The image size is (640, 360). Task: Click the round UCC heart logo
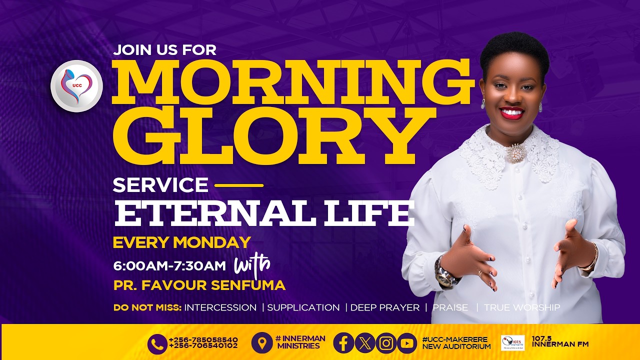point(76,86)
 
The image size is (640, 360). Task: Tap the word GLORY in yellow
point(268,134)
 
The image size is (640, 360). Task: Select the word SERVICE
point(160,185)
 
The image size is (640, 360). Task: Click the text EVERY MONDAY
point(181,242)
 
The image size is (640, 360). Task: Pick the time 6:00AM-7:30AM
point(169,266)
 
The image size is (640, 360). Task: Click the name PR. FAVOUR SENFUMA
point(199,285)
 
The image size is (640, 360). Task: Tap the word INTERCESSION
point(220,307)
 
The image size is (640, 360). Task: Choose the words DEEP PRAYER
point(384,307)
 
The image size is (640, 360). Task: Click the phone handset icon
point(157,343)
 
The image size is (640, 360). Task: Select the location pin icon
point(261,343)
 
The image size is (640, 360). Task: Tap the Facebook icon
point(343,343)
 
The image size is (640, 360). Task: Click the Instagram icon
point(385,343)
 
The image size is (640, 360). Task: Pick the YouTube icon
point(406,343)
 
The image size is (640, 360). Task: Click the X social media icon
point(364,343)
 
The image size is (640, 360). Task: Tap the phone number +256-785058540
point(203,339)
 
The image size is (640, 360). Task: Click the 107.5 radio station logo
point(512,342)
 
